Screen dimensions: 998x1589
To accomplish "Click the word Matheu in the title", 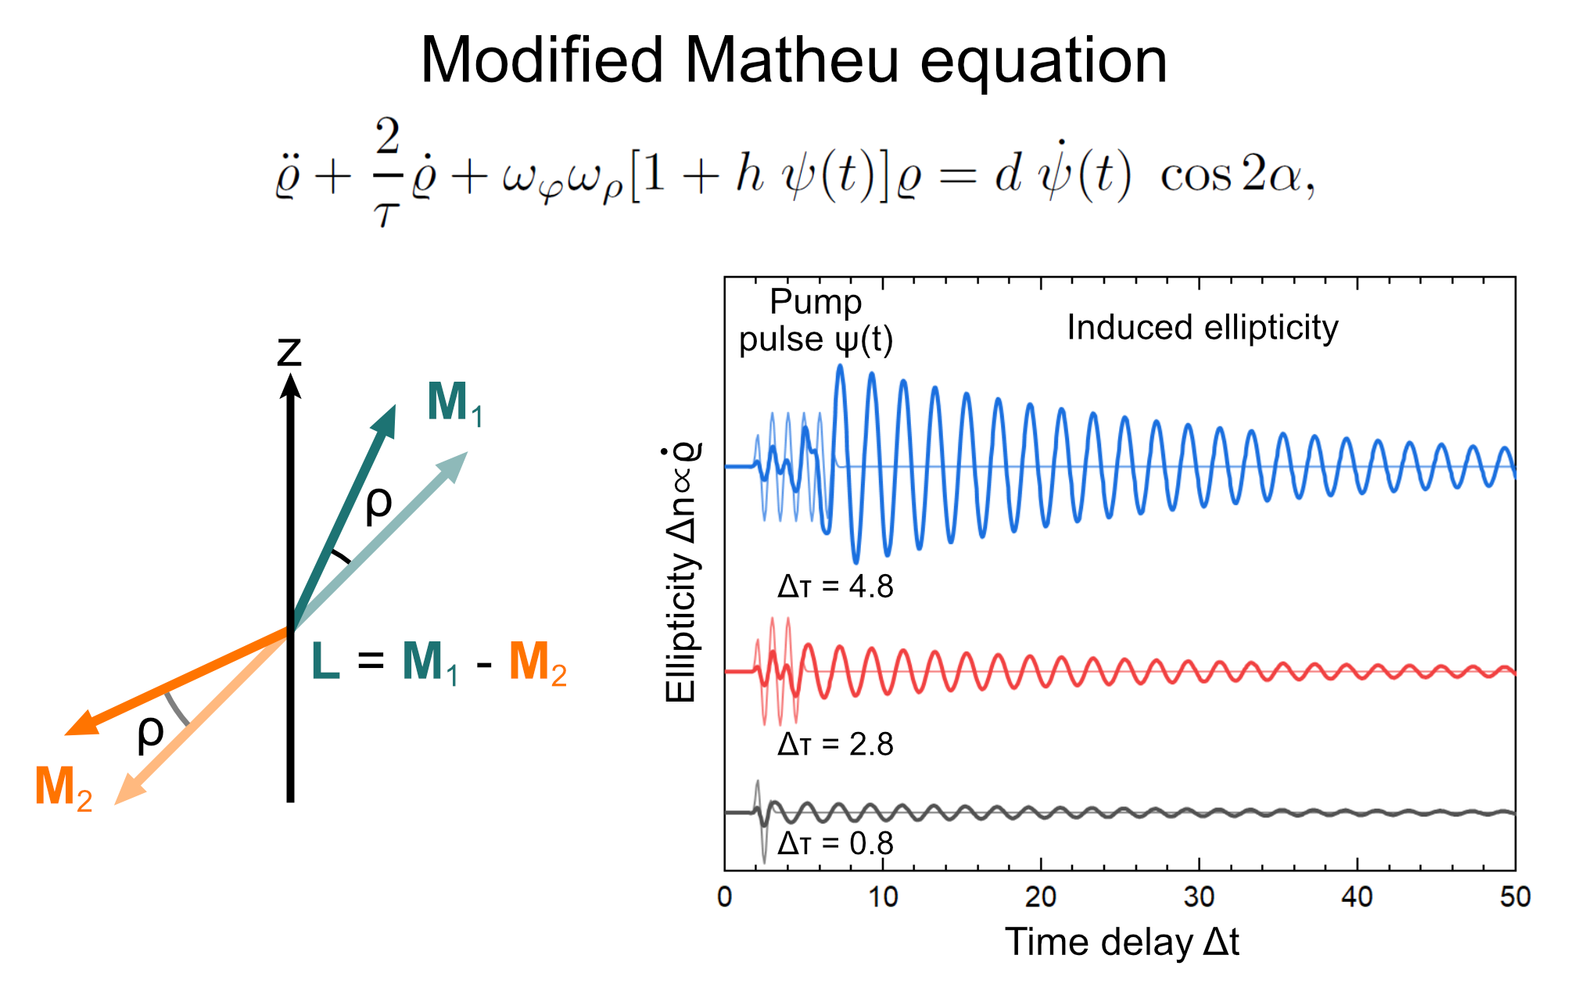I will tap(791, 60).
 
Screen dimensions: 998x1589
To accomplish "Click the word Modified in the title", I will tap(542, 60).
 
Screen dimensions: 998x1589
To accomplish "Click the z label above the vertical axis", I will tap(289, 351).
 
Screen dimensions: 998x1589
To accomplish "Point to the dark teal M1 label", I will tap(454, 403).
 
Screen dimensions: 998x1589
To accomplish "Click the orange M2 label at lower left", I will tap(63, 787).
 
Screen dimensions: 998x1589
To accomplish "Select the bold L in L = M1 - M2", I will tap(325, 662).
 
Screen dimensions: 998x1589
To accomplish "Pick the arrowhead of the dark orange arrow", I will tap(81, 725).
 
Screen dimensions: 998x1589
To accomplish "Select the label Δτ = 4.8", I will tap(834, 586).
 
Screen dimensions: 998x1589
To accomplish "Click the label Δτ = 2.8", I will tap(834, 744).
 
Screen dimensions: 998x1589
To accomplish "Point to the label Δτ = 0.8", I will tap(834, 843).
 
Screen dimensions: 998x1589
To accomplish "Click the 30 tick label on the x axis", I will tap(1198, 897).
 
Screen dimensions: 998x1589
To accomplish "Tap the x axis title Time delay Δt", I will tap(1121, 942).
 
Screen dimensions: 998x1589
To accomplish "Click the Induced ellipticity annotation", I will tap(1202, 328).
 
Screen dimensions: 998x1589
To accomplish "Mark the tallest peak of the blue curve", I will tap(840, 366).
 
